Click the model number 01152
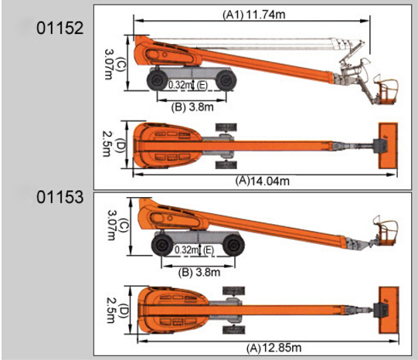point(60,28)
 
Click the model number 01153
point(60,198)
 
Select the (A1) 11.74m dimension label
point(253,15)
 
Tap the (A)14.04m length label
point(263,181)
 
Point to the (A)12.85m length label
point(274,348)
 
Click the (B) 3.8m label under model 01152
point(192,107)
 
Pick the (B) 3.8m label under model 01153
point(199,273)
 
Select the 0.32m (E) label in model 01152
point(188,85)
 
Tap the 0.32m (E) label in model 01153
point(195,250)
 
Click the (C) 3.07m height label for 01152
point(112,64)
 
